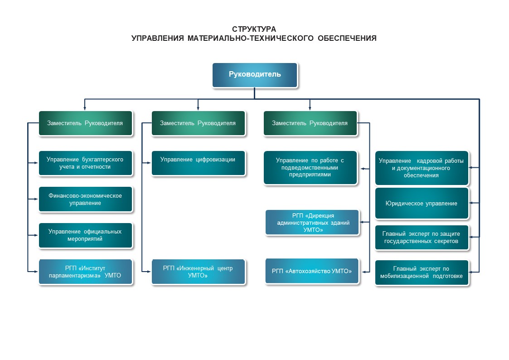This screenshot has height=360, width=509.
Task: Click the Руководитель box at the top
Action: [255, 75]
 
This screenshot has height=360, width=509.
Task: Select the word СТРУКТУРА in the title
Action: [254, 29]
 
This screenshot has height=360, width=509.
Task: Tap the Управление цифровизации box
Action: [198, 163]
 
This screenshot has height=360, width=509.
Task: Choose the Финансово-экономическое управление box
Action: [85, 199]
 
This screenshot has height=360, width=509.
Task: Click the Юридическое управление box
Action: [421, 203]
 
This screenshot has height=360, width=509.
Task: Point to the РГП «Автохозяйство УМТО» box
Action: [312, 271]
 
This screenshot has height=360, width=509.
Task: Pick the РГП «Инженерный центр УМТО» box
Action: [198, 272]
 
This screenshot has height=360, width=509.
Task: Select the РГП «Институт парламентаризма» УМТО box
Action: [85, 272]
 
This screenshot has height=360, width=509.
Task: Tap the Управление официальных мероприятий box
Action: [85, 235]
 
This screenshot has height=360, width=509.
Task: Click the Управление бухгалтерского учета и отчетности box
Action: [85, 163]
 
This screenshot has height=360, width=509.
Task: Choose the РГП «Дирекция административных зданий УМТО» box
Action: [312, 222]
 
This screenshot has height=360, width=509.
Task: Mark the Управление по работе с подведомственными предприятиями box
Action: [310, 167]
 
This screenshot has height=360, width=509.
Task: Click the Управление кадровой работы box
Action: [421, 168]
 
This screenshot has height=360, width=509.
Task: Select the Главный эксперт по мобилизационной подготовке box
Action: [421, 272]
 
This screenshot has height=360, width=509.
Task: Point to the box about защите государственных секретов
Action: [421, 237]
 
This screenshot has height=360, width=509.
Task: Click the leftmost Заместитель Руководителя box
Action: [85, 123]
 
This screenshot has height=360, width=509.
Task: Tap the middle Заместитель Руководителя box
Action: [198, 123]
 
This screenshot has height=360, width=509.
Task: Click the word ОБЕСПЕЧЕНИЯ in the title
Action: [347, 39]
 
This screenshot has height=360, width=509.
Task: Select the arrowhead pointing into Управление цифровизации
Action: [149, 163]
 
